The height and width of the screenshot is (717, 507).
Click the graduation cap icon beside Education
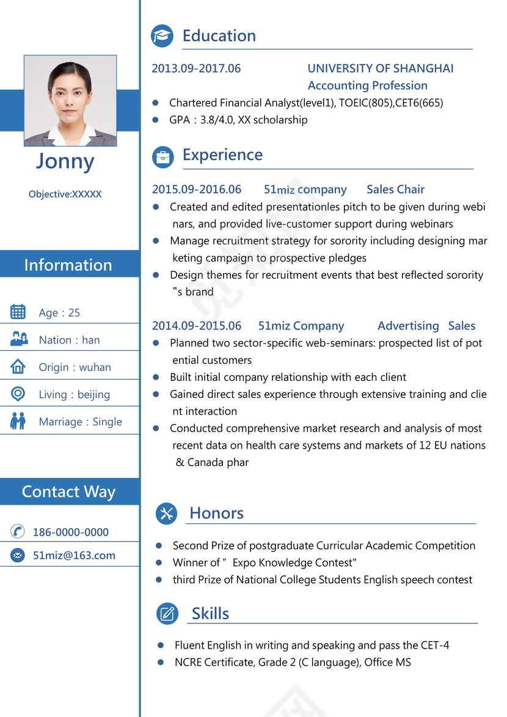coord(162,36)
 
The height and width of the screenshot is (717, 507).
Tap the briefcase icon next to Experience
coord(162,157)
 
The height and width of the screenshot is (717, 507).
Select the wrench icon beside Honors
coord(166,513)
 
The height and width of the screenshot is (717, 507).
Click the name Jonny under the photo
coord(65,161)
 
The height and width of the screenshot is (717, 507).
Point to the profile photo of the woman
coord(70,101)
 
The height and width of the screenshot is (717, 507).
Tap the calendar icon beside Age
coord(18,312)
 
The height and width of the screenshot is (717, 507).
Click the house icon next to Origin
coord(18,367)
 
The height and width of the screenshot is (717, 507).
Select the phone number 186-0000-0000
coord(70,532)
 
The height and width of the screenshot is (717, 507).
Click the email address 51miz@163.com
coord(74,556)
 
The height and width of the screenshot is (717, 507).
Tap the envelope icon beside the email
coord(18,556)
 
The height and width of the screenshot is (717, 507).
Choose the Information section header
coord(68,265)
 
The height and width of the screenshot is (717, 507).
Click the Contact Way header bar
coord(68,492)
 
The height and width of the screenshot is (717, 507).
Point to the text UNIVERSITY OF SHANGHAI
coord(381,68)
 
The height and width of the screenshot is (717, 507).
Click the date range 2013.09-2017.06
coord(196,68)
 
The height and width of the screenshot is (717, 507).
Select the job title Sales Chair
coord(395,189)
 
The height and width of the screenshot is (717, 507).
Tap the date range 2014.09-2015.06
coord(197,326)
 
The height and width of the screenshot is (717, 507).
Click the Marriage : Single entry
coord(80,422)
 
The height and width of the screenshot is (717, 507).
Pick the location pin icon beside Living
coord(18,394)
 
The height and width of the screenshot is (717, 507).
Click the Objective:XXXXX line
coord(65,194)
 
